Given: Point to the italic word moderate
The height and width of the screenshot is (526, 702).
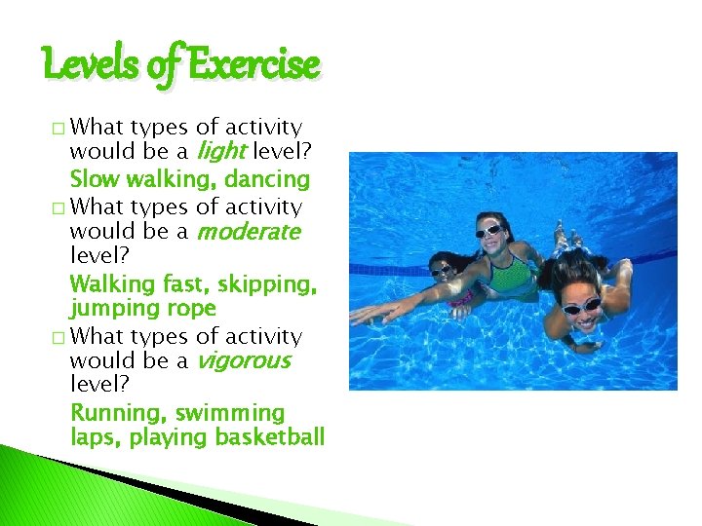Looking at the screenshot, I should click(248, 233).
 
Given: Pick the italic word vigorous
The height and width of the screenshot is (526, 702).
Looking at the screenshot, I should click(244, 361).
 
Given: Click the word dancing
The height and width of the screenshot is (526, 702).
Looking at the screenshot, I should click(267, 179).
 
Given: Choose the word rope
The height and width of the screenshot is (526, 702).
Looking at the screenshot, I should click(191, 310).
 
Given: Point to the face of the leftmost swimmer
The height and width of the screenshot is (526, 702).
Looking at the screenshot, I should click(444, 269).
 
